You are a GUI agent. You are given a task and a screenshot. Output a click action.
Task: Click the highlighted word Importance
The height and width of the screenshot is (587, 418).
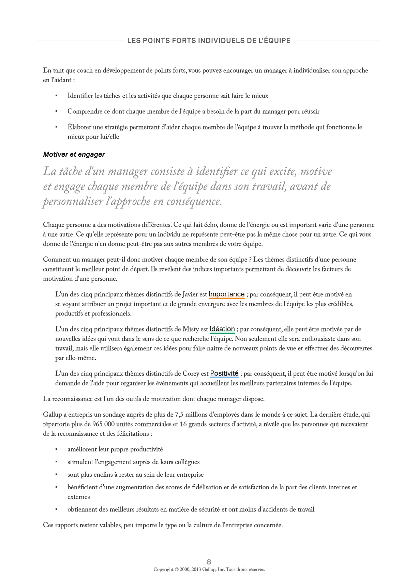pyautogui.click(x=226, y=294)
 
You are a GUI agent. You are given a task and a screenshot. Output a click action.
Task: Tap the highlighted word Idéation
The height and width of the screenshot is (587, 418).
pyautogui.click(x=222, y=329)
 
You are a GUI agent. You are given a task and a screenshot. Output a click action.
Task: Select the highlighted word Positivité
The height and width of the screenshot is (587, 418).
pyautogui.click(x=224, y=373)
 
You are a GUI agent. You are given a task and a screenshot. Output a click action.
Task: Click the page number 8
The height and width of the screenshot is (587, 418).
pyautogui.click(x=209, y=562)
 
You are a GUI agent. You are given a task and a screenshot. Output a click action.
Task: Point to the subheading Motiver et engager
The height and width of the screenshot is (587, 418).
pyautogui.click(x=74, y=154)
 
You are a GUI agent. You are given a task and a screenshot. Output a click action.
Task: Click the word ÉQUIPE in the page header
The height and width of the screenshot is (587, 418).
pyautogui.click(x=278, y=41)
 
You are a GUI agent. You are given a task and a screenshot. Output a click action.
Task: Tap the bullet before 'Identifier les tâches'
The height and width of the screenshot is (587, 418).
pyautogui.click(x=56, y=96)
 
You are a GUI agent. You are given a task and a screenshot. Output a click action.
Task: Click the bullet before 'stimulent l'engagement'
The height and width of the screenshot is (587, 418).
pyautogui.click(x=56, y=462)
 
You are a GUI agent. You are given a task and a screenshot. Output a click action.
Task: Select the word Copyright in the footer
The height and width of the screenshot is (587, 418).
pyautogui.click(x=163, y=569)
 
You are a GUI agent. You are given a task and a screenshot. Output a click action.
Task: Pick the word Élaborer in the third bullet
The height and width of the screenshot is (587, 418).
pyautogui.click(x=79, y=127)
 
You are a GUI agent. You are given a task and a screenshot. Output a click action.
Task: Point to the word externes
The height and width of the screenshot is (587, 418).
pyautogui.click(x=79, y=497)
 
